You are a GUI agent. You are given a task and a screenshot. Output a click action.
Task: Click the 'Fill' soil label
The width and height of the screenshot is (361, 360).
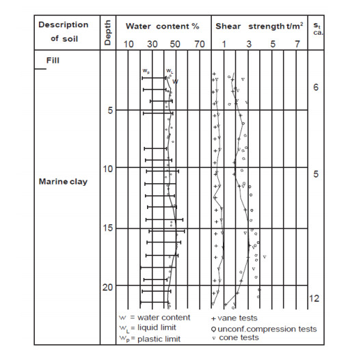(53, 60)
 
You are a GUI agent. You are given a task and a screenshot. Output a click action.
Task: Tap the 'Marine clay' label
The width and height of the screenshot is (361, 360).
(63, 182)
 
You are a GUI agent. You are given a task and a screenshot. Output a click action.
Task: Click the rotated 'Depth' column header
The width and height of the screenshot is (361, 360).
(107, 32)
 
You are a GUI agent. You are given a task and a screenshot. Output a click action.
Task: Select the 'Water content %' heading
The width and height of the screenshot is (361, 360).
(162, 26)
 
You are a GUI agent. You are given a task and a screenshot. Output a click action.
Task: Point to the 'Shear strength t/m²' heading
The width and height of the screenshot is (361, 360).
(259, 26)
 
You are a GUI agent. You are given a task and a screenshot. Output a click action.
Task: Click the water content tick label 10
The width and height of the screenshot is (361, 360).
(129, 44)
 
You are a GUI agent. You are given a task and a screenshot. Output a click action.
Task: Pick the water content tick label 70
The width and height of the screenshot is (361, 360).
(200, 44)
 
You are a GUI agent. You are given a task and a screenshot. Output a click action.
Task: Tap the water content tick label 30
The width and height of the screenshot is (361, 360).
(152, 44)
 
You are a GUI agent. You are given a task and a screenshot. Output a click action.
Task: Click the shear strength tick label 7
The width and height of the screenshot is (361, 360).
(297, 44)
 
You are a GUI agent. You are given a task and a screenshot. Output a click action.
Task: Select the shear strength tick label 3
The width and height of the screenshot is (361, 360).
(249, 44)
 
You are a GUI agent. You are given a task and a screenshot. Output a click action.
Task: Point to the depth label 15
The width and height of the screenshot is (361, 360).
(108, 227)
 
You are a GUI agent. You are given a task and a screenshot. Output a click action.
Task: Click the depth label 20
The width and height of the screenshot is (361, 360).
(108, 287)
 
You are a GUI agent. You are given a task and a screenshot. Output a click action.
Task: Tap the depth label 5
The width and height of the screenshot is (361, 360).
(110, 111)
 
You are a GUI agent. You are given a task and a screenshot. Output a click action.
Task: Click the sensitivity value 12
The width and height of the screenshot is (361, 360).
(314, 299)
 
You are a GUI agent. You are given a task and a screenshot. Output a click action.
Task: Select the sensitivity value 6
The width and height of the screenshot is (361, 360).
(316, 87)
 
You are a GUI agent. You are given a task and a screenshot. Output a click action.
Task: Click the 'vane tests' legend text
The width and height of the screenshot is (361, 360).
(237, 318)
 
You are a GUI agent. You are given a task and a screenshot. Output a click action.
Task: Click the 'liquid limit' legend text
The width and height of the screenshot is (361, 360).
(157, 327)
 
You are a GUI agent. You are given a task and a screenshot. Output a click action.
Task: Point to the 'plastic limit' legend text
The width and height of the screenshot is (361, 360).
(159, 339)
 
